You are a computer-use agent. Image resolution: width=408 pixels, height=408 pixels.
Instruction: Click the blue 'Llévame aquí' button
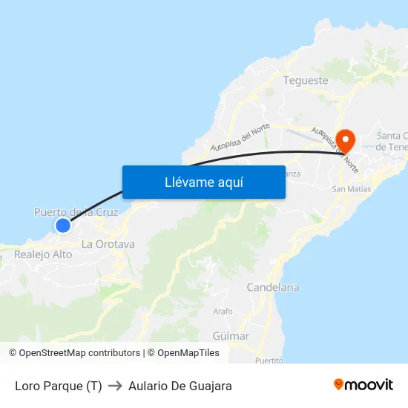pyautogui.click(x=203, y=182)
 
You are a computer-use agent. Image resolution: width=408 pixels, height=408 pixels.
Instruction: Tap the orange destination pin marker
pyautogui.click(x=346, y=139)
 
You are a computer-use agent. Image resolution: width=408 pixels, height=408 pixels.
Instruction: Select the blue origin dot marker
pyautogui.click(x=63, y=225)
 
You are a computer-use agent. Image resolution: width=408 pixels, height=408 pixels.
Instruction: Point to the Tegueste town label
pyautogui.click(x=306, y=80)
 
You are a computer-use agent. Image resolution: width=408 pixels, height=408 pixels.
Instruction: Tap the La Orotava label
pyautogui.click(x=108, y=244)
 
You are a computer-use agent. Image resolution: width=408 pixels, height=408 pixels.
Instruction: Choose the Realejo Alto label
pyautogui.click(x=43, y=254)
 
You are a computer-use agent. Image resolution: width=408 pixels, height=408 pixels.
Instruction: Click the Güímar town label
pyautogui.click(x=231, y=336)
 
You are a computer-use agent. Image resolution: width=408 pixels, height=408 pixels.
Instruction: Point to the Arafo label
pyautogui.click(x=223, y=312)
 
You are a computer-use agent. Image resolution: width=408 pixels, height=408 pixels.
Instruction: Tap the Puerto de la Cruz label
pyautogui.click(x=76, y=212)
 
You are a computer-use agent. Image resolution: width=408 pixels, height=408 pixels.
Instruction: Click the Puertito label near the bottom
pyautogui.click(x=269, y=361)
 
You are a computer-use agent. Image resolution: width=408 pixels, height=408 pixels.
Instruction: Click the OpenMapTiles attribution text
pyautogui.click(x=188, y=353)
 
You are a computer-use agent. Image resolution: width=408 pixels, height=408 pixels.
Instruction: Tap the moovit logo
pyautogui.click(x=363, y=385)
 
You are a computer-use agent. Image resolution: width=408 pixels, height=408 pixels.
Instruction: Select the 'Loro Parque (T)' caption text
pyautogui.click(x=59, y=386)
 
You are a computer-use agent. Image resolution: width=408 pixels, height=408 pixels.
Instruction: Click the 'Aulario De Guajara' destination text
pyautogui.click(x=180, y=386)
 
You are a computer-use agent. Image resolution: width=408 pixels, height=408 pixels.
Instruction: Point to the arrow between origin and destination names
pyautogui.click(x=115, y=386)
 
